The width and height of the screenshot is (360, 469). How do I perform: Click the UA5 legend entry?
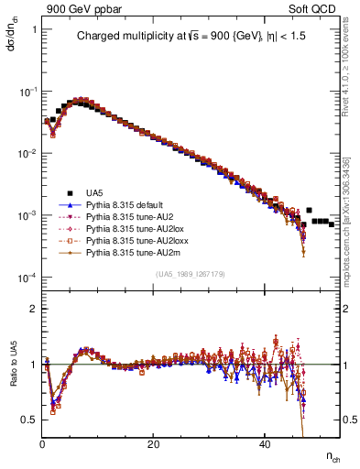pos(94,192)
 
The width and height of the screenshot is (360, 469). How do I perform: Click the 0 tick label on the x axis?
pos(42,444)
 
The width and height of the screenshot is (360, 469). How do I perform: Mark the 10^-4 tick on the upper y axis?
pos(26,278)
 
